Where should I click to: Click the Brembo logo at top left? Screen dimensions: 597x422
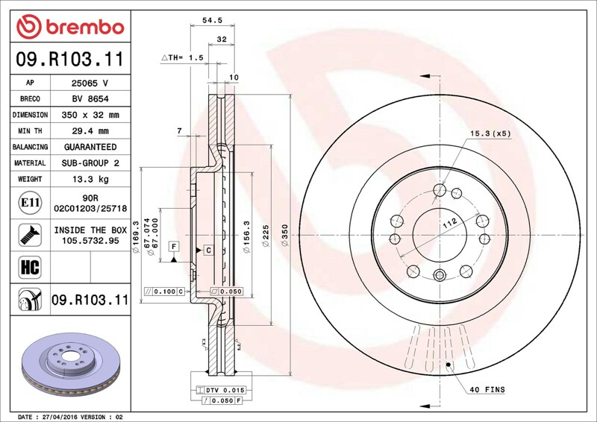coord(70,27)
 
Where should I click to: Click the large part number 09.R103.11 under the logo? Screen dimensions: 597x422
coord(70,59)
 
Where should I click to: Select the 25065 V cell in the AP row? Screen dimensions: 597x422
coord(90,83)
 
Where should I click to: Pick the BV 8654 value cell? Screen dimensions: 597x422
coord(90,99)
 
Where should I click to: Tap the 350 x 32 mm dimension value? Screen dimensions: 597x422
coord(90,115)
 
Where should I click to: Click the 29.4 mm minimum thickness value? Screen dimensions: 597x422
coord(90,131)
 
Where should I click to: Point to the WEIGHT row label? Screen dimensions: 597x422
coord(30,179)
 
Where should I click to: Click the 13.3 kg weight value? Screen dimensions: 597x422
coord(90,179)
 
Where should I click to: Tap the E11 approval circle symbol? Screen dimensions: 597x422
coord(30,203)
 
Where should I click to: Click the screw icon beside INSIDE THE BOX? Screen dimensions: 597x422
coord(30,235)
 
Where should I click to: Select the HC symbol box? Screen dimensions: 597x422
coord(30,267)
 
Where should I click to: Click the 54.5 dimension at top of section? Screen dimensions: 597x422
coord(212,20)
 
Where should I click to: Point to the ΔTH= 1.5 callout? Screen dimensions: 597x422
coord(182,58)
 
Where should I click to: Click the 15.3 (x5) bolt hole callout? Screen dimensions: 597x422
coord(490,133)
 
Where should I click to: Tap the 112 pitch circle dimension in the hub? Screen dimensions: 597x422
coord(449,223)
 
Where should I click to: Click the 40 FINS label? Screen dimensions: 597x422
coord(487,390)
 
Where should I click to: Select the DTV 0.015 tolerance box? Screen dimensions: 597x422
coord(221,390)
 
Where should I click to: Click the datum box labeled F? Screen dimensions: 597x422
coord(174,247)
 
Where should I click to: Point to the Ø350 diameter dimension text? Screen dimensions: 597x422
coord(285,235)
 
